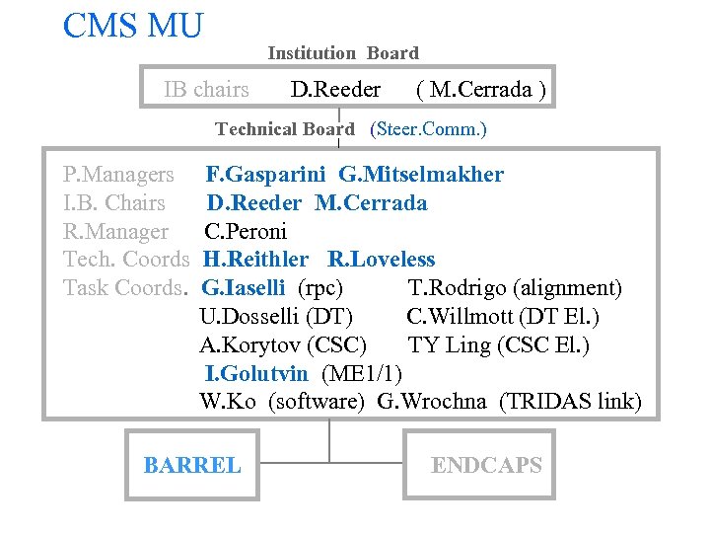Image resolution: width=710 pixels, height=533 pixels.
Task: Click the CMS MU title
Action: click(x=132, y=26)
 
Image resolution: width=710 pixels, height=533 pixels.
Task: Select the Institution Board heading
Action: click(x=342, y=53)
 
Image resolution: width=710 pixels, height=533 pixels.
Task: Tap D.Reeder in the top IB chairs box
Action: click(x=335, y=90)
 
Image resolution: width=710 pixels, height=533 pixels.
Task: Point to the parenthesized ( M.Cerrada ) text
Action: click(x=481, y=90)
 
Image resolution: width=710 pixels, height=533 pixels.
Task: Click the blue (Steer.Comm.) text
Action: click(x=428, y=129)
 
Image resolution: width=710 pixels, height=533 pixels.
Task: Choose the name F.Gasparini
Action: click(x=267, y=175)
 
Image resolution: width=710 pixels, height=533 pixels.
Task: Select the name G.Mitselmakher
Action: click(x=421, y=175)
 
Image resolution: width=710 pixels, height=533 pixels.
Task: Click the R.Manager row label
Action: click(x=115, y=232)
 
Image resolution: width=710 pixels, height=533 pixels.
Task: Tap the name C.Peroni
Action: click(x=246, y=232)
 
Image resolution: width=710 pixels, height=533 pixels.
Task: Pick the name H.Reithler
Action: click(x=255, y=260)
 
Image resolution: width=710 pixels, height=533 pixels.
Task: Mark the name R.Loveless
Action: click(x=381, y=260)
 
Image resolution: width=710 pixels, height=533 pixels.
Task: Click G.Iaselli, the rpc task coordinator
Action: click(x=244, y=288)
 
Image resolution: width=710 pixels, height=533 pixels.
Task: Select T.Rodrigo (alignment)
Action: click(x=515, y=288)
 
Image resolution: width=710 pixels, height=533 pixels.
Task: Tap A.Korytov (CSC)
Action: click(x=283, y=345)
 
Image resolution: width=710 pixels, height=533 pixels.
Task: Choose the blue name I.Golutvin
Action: click(x=259, y=373)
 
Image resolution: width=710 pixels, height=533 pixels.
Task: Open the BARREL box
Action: click(x=192, y=465)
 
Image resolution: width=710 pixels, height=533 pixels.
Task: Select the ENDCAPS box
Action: click(x=486, y=465)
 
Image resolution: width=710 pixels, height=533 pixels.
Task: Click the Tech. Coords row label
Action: click(x=126, y=260)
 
